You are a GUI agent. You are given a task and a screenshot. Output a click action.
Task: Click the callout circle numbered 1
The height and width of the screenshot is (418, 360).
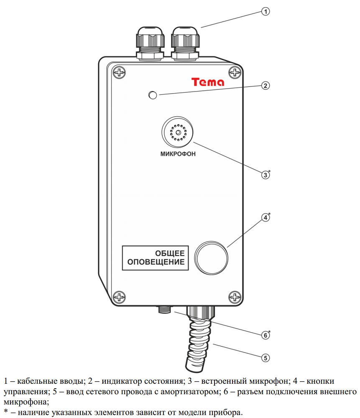[x=265, y=12]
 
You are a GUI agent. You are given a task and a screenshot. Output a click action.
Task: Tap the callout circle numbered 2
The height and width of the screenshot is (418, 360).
[x=265, y=86]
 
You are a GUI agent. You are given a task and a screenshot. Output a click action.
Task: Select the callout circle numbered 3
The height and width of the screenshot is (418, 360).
[x=265, y=175]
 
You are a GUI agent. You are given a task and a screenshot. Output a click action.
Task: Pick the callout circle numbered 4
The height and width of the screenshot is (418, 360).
[x=265, y=218]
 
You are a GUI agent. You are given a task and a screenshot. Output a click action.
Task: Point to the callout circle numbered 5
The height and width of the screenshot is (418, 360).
[x=265, y=358]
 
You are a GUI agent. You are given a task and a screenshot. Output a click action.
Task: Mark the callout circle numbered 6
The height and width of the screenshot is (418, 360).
[x=265, y=335]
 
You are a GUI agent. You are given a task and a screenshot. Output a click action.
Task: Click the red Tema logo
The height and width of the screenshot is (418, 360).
[x=208, y=82]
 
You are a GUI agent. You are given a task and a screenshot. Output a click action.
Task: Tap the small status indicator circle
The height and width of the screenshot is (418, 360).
[x=153, y=96]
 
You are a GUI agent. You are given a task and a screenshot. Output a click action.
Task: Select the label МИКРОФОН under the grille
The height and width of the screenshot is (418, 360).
[x=178, y=154]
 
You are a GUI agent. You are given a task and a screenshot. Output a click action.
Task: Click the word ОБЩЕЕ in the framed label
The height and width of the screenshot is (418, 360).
[x=170, y=254]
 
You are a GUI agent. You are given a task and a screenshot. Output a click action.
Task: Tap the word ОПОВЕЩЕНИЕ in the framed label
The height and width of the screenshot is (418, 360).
[x=156, y=263]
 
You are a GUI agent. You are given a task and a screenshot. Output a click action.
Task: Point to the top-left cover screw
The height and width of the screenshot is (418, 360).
[x=120, y=72]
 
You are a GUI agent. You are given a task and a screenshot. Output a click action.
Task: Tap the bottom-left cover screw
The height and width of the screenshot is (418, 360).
[x=120, y=297]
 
